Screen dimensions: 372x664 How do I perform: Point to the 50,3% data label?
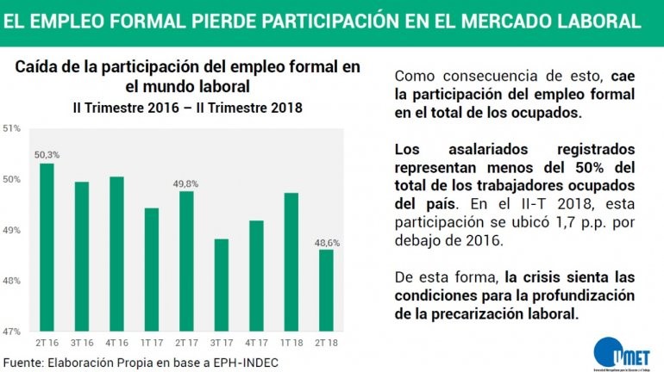coord(47,155)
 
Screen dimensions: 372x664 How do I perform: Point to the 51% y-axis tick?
coord(13,129)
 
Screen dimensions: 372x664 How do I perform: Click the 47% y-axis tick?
coord(13,332)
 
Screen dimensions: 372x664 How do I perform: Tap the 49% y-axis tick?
coord(13,231)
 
